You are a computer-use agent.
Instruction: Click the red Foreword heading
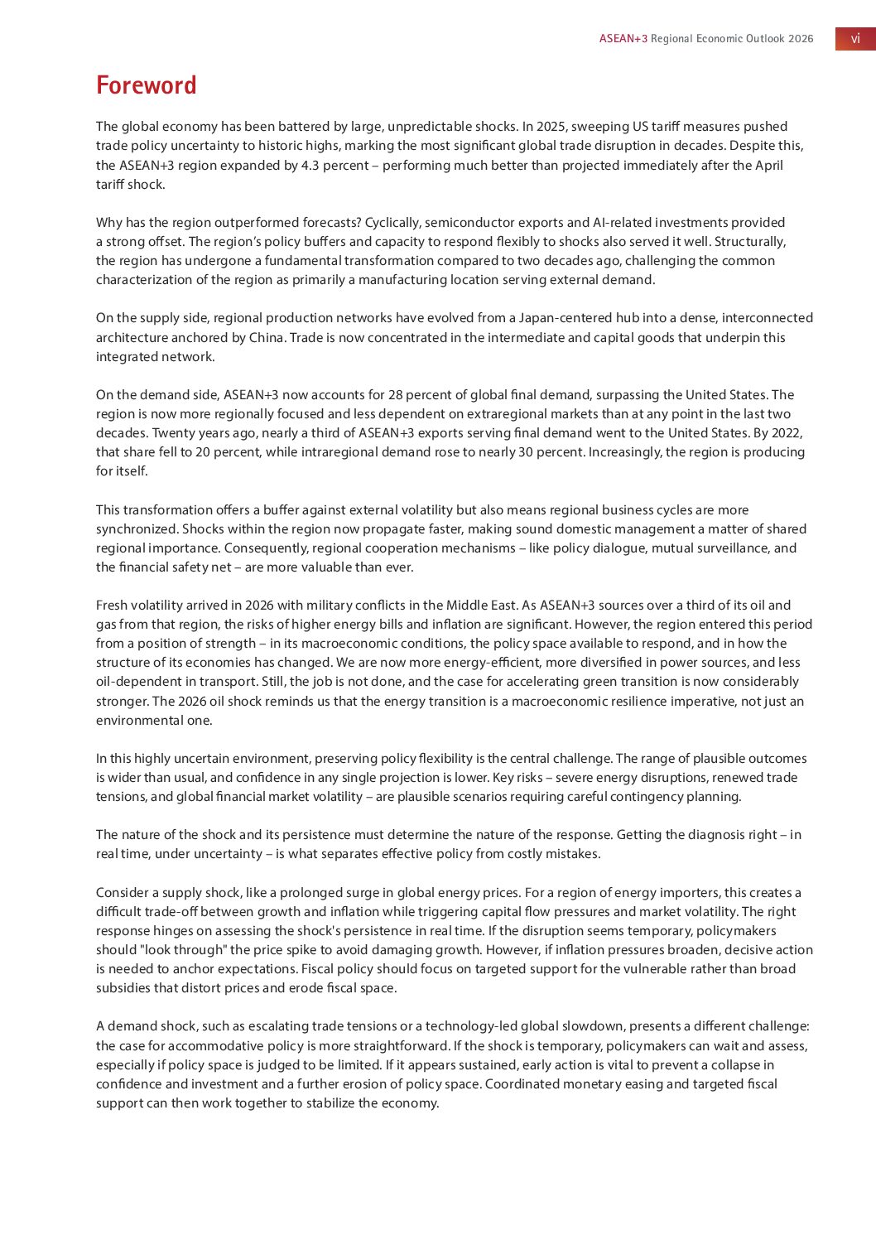pyautogui.click(x=147, y=85)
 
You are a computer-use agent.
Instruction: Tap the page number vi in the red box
pyautogui.click(x=855, y=39)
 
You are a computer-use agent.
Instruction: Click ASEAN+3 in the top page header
pyautogui.click(x=623, y=39)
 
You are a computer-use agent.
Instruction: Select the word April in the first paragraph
pyautogui.click(x=768, y=165)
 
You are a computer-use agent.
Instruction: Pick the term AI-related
pyautogui.click(x=622, y=222)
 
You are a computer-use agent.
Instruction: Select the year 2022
pyautogui.click(x=787, y=432)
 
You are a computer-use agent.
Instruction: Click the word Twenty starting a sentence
pyautogui.click(x=174, y=432)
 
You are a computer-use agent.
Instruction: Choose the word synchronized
pyautogui.click(x=137, y=528)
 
